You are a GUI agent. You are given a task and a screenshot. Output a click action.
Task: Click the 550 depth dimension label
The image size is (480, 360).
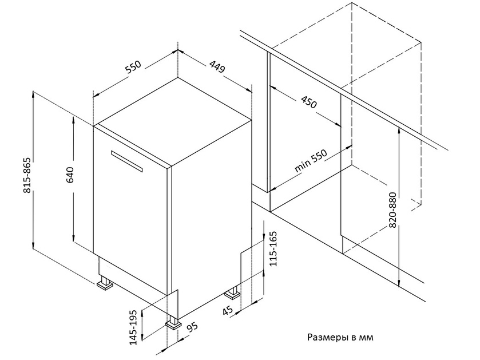[x=132, y=67]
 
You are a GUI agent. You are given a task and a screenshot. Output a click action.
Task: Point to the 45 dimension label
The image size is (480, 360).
[x=227, y=310]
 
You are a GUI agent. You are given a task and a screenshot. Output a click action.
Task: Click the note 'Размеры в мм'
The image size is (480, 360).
[x=340, y=337]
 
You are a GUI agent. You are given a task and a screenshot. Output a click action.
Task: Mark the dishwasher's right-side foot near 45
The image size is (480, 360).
[x=233, y=295]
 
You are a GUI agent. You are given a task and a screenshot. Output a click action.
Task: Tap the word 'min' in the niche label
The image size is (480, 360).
[x=302, y=167]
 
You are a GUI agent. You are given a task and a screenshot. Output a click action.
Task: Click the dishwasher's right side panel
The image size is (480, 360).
[x=209, y=206]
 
